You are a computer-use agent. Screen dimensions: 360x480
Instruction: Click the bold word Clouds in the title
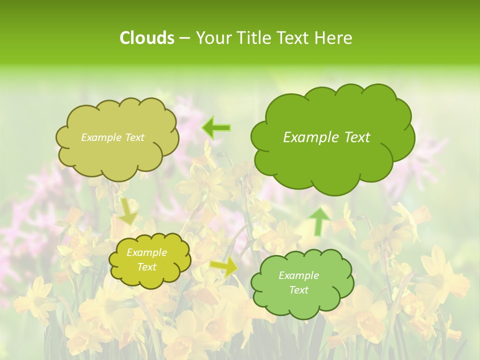tap(147, 38)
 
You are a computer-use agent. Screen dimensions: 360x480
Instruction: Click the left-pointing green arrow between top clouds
tap(216, 128)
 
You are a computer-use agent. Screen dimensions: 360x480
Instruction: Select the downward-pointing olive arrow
tap(128, 210)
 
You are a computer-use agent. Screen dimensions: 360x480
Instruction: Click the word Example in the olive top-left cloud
tap(100, 137)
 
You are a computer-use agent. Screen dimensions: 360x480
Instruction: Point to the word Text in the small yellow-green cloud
tap(146, 267)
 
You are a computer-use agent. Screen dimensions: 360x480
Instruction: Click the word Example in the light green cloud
tap(298, 275)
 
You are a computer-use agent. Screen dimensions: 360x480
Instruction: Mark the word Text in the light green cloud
tap(298, 290)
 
